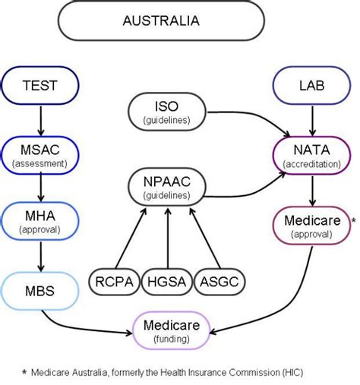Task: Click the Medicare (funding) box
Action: pyautogui.click(x=171, y=331)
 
